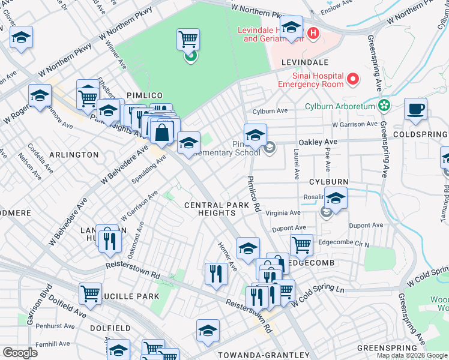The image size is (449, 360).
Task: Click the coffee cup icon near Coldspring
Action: [x=415, y=109]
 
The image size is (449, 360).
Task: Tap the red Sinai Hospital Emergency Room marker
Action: [x=354, y=79]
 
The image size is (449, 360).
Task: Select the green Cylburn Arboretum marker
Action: [x=385, y=106]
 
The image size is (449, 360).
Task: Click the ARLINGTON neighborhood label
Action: [x=74, y=154]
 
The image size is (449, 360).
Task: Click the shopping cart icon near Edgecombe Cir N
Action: [x=301, y=244]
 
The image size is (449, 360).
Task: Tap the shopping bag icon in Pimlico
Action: [x=162, y=132]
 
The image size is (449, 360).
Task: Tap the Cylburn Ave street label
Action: [x=270, y=111]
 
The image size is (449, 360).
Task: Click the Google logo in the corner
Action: [x=20, y=353]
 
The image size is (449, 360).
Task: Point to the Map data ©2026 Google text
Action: [x=411, y=355]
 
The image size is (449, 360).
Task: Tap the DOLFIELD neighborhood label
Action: [x=110, y=328]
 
